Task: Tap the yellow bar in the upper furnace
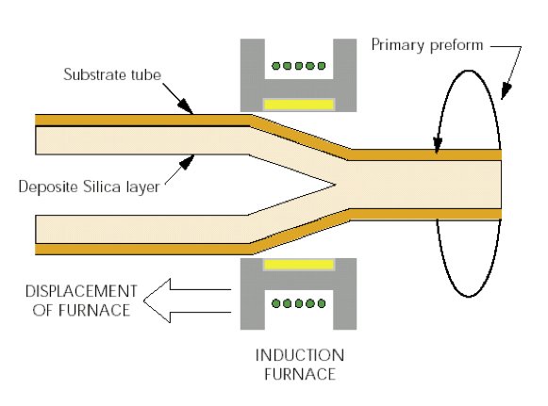tap(299, 101)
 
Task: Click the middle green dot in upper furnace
tap(298, 67)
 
